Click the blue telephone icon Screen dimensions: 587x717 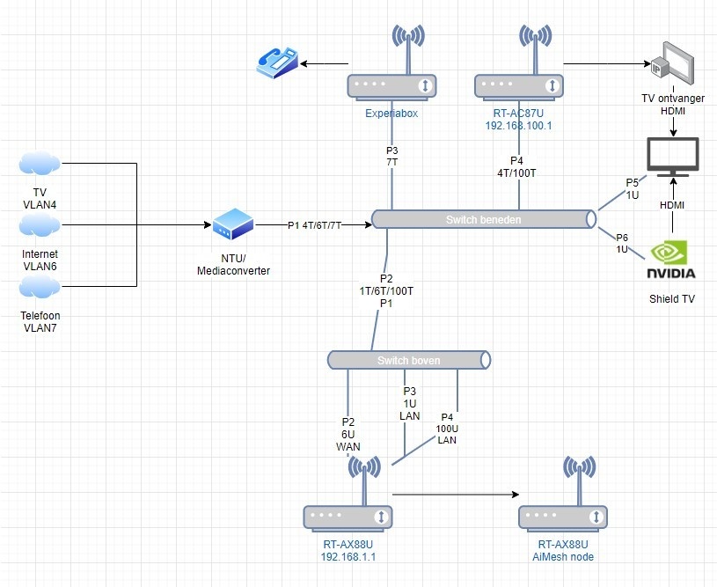[x=278, y=62]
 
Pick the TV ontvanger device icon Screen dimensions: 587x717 [x=672, y=63]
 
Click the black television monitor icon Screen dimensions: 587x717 [x=673, y=156]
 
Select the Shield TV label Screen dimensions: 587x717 [x=672, y=299]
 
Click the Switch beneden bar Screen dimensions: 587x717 [x=482, y=218]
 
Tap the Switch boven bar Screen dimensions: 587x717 [x=409, y=360]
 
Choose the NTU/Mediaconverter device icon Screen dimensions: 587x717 [x=232, y=224]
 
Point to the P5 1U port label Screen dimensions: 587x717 [x=633, y=188]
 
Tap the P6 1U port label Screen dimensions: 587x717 [x=622, y=244]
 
